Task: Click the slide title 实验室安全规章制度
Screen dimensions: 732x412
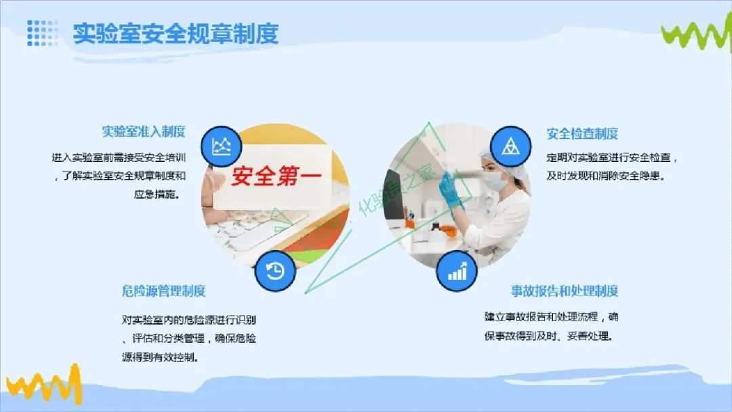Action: pyautogui.click(x=176, y=34)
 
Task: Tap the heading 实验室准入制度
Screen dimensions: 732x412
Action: pyautogui.click(x=144, y=131)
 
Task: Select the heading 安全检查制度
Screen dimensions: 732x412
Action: pyautogui.click(x=582, y=134)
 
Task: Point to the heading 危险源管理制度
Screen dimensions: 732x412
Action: pyautogui.click(x=164, y=291)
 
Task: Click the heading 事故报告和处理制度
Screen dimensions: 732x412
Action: pyautogui.click(x=565, y=291)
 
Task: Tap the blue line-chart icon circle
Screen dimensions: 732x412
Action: pyautogui.click(x=221, y=146)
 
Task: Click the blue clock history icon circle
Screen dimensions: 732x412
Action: pyautogui.click(x=275, y=271)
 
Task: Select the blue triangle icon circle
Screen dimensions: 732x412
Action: pyautogui.click(x=510, y=146)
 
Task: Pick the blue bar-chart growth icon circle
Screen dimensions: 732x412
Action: pyautogui.click(x=457, y=271)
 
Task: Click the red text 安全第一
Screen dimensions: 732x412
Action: pyautogui.click(x=277, y=176)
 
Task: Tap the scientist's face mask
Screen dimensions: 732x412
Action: pyautogui.click(x=495, y=181)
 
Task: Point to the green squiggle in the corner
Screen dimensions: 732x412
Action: pyautogui.click(x=696, y=33)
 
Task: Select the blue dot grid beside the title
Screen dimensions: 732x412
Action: pyautogui.click(x=43, y=33)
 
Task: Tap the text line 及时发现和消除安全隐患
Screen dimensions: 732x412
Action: pyautogui.click(x=605, y=176)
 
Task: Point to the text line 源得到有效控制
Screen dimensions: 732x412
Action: pyautogui.click(x=161, y=357)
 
